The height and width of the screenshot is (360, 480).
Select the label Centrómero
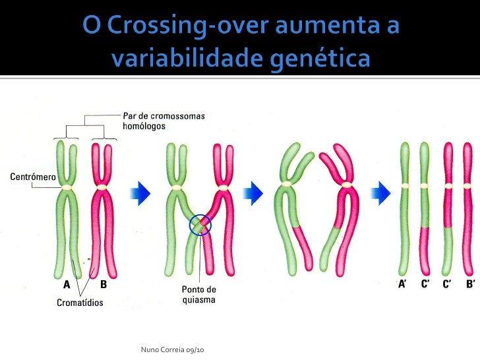32,177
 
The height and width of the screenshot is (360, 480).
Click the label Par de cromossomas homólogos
164,120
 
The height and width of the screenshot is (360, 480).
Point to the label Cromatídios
78,303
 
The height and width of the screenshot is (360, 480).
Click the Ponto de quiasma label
198,294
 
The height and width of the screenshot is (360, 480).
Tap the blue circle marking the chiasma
200,225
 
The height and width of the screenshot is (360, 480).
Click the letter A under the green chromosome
67,285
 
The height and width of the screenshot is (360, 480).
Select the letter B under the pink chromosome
104,285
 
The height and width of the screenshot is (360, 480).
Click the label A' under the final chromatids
402,285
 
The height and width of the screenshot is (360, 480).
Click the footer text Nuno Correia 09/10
173,347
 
